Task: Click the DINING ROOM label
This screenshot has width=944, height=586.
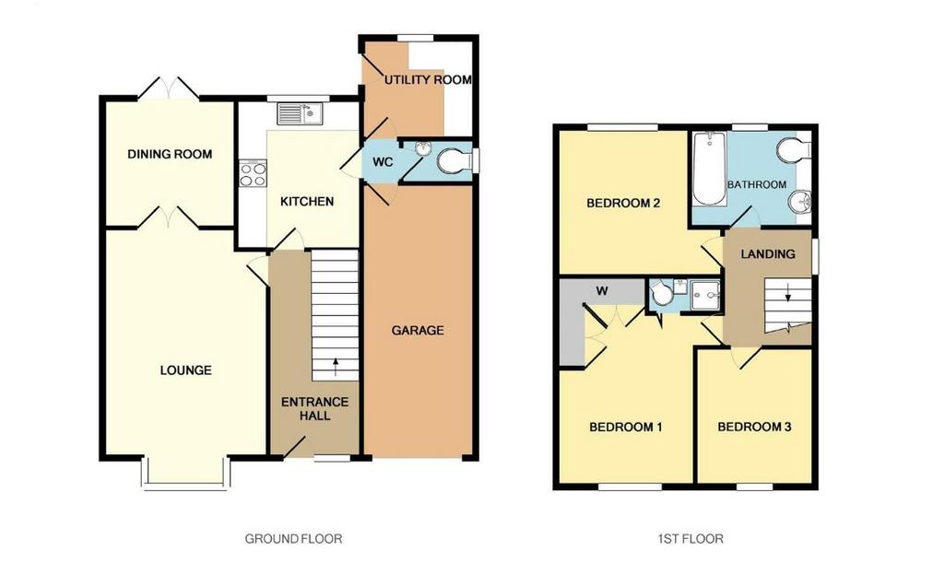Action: click(x=170, y=154)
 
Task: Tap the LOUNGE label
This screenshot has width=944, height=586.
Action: click(x=186, y=370)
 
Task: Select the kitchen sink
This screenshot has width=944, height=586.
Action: click(x=300, y=113)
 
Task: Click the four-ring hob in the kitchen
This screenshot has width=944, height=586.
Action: click(x=253, y=173)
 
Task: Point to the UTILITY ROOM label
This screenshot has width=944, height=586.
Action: click(x=428, y=79)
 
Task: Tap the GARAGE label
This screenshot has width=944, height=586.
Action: click(x=418, y=330)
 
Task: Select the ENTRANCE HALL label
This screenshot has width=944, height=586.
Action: click(x=315, y=408)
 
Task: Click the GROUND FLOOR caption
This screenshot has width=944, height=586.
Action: click(x=293, y=538)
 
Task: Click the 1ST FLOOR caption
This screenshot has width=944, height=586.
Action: click(x=690, y=538)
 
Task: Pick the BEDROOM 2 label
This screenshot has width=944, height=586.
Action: click(x=623, y=203)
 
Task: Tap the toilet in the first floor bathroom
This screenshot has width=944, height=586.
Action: click(x=792, y=149)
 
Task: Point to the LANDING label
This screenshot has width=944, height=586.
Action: click(x=768, y=254)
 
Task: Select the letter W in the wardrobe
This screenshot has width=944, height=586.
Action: click(x=602, y=291)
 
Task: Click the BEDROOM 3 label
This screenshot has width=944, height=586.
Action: click(x=754, y=428)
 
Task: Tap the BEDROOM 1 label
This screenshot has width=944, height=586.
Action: click(x=626, y=428)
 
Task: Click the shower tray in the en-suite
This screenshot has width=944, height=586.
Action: click(x=705, y=296)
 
